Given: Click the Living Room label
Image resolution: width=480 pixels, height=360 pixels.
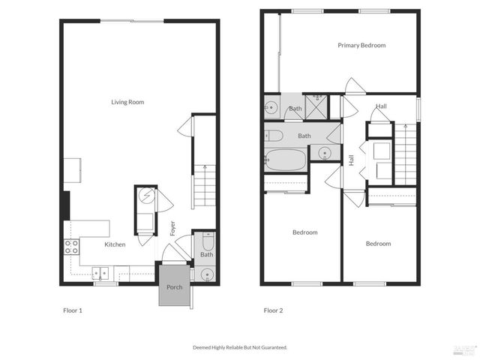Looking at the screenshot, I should (x=127, y=102).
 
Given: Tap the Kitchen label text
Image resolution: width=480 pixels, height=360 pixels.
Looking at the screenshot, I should (x=115, y=244).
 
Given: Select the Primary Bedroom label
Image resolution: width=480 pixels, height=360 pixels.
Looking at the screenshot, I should (x=361, y=46).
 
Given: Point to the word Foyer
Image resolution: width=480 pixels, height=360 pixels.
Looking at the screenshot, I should (x=172, y=227).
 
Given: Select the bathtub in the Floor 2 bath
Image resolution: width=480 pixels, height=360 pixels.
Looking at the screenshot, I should (x=286, y=160).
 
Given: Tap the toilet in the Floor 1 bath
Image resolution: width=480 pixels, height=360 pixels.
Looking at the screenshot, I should (x=208, y=241).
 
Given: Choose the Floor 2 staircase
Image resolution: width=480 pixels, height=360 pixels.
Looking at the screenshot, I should (x=405, y=154).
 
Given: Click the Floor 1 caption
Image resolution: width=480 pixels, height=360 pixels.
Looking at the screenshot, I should (x=73, y=310).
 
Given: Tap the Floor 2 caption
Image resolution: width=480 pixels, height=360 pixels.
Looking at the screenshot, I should (x=274, y=310).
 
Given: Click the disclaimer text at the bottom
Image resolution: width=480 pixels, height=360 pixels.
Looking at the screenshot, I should (x=240, y=347).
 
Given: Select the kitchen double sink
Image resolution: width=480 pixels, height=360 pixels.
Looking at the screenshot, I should (x=100, y=273).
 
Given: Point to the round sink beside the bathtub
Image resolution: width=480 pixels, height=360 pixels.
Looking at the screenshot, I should (x=324, y=154).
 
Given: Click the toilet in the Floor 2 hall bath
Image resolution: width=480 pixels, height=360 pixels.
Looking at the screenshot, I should (x=273, y=136).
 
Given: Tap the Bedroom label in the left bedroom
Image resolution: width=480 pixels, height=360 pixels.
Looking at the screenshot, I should (x=304, y=232).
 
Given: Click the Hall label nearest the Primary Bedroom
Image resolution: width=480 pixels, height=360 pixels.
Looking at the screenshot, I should (x=382, y=106).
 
